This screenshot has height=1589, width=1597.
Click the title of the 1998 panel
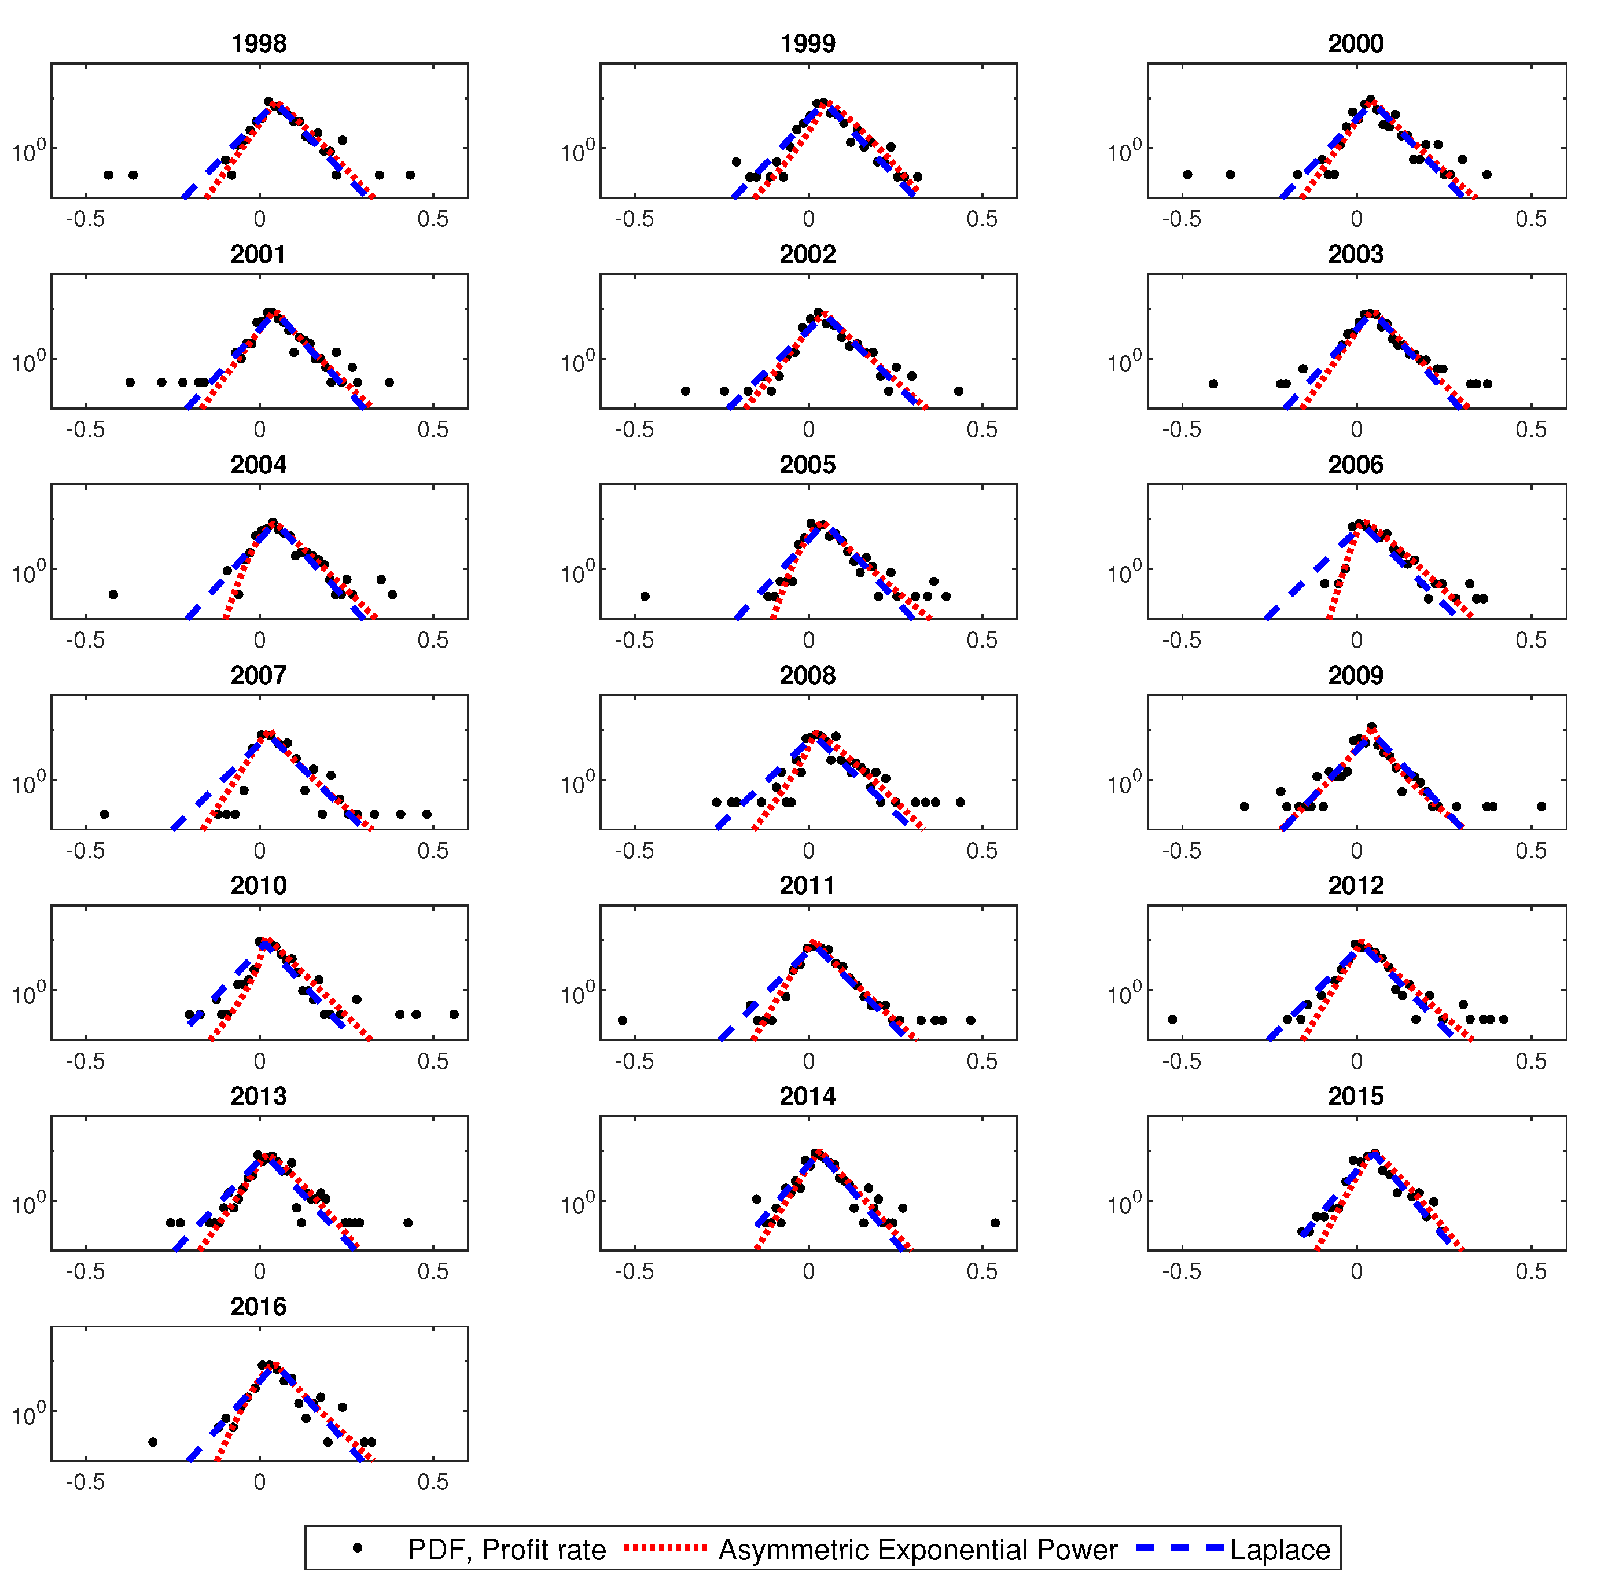[x=258, y=44]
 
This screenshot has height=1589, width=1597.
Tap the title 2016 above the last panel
[x=258, y=1307]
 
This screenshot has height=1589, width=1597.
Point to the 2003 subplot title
[x=1356, y=255]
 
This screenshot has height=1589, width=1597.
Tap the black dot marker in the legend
[x=357, y=1548]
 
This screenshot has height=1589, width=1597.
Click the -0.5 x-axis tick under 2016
[x=85, y=1483]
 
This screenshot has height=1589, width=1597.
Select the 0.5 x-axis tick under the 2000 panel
[x=1530, y=219]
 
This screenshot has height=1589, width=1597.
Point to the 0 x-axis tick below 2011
[x=808, y=1061]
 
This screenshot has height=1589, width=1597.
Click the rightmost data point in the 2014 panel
[x=995, y=1223]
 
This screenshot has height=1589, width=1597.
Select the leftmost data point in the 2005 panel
[x=645, y=596]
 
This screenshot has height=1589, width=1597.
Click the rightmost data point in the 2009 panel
[x=1541, y=806]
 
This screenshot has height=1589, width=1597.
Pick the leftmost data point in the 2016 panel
[x=152, y=1442]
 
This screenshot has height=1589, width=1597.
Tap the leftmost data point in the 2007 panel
[x=104, y=814]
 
